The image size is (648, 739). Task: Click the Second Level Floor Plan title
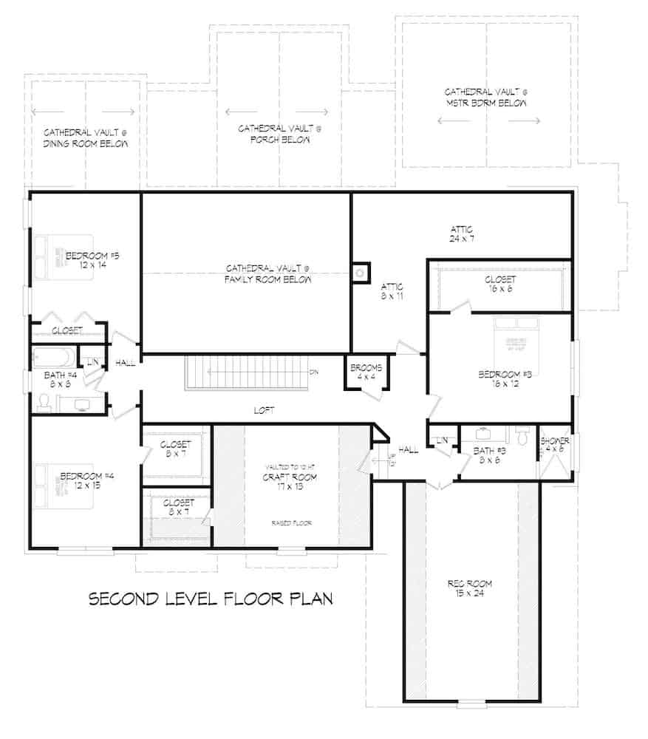point(211,598)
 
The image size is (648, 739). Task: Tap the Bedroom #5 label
point(92,260)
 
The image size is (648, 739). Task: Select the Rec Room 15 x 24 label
point(470,588)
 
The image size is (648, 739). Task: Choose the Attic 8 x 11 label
point(390,290)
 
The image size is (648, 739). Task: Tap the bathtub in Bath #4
point(54,358)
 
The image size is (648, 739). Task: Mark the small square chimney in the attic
point(361,273)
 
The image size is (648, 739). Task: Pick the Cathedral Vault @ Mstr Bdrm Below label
point(485,98)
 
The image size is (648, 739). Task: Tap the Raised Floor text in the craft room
point(291,522)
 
